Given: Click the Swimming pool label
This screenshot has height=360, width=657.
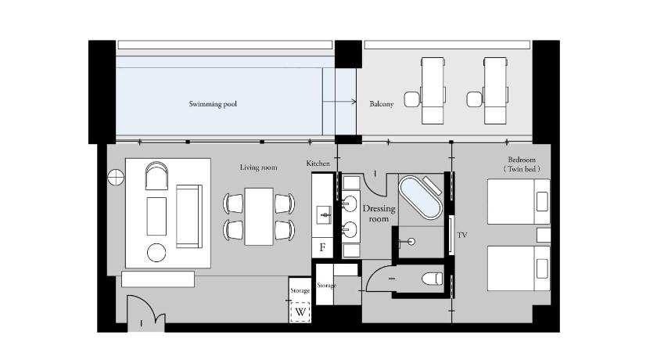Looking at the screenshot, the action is click(213, 104).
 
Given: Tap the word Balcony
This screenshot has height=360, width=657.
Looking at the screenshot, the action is click(382, 103).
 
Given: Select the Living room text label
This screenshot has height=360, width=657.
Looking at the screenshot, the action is click(259, 167).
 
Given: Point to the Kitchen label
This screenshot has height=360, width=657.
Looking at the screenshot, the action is click(318, 164).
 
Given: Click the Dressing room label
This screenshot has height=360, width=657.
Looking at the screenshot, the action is click(379, 214).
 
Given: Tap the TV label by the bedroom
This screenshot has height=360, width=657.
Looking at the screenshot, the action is click(462, 235).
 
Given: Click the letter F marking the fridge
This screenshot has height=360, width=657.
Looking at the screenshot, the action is click(322, 247).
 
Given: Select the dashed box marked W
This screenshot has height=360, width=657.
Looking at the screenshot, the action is click(300, 312).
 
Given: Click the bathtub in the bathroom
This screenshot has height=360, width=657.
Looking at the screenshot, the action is click(420, 197).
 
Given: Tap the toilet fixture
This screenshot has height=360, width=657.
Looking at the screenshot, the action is click(432, 279).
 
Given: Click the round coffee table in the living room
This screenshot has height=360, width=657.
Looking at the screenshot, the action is click(156, 253).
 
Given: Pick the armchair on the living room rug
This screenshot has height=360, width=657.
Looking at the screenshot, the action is click(156, 175).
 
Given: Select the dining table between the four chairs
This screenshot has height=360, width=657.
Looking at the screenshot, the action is click(259, 216).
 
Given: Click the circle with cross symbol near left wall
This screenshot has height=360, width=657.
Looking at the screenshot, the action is click(116, 178).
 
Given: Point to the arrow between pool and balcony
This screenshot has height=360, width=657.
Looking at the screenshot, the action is click(339, 102).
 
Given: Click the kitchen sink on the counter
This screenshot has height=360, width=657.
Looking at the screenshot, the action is click(324, 215).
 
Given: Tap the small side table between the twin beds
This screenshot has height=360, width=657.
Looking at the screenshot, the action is click(544, 235).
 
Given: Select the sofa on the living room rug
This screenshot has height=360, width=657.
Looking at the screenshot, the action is click(189, 216).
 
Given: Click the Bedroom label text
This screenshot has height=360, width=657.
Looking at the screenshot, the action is click(522, 160).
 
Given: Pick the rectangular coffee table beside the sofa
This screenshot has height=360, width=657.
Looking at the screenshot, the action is click(156, 216).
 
